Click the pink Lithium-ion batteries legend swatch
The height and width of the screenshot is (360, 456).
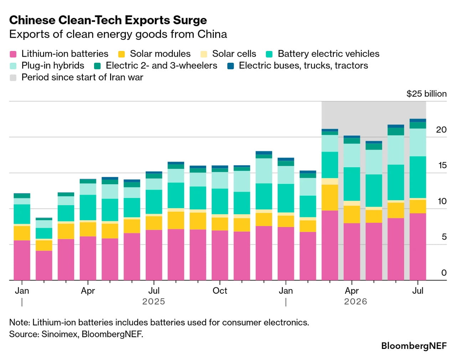13,54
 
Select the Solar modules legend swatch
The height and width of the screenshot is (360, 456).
121,54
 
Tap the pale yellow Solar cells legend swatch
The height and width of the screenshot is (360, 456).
204,54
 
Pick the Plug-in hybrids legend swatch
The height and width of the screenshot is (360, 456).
13,66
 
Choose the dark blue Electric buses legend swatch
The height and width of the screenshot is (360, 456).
230,66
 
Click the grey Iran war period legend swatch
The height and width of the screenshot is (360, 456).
13,78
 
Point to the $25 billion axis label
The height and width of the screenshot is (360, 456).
426,94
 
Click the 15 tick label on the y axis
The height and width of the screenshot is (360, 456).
442,165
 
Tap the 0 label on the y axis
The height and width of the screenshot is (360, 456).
444,273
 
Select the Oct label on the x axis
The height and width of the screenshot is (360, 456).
220,290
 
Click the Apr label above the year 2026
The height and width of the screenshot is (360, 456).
352,291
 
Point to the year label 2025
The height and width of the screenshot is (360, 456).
154,302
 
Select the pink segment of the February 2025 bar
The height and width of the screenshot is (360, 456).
44,266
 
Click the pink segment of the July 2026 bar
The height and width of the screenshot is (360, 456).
418,247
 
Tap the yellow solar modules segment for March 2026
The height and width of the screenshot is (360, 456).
330,197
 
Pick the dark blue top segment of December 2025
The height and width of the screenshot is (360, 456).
264,153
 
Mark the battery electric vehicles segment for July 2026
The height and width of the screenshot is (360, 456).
418,177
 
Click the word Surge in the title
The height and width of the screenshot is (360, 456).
190,20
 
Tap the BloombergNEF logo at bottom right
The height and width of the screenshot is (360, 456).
414,346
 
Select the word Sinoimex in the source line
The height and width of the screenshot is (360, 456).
59,334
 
